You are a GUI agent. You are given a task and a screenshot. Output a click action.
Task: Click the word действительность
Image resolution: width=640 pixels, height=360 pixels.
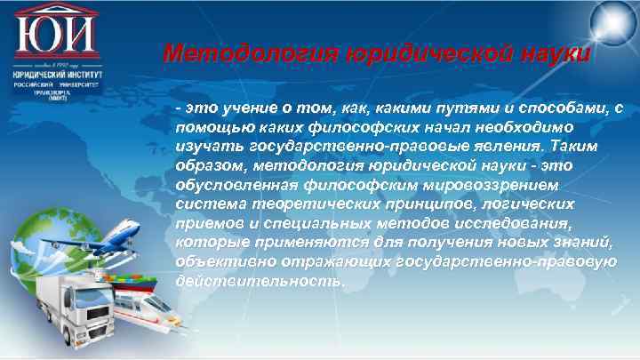257,280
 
